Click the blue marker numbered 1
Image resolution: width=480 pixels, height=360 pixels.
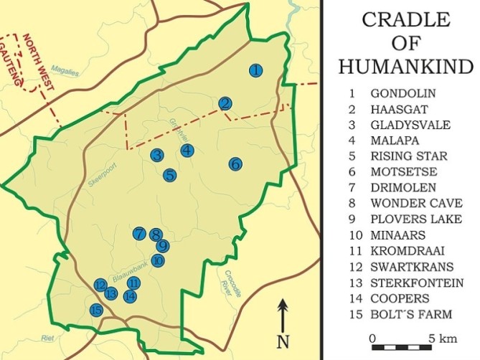click(255, 70)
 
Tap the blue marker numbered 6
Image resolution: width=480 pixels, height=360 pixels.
click(235, 164)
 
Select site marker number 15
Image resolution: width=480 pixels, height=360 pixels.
click(96, 311)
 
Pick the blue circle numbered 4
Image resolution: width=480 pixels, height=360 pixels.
click(187, 150)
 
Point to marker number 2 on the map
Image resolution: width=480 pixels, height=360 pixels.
click(225, 103)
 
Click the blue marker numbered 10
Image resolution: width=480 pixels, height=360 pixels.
click(159, 260)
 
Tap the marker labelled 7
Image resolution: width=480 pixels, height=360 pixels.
click(139, 233)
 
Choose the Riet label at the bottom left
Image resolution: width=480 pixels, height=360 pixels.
click(48, 339)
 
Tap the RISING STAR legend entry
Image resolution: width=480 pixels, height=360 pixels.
click(408, 156)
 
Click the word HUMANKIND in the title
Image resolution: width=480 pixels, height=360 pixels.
click(405, 66)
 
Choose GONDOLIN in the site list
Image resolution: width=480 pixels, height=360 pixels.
click(403, 93)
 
